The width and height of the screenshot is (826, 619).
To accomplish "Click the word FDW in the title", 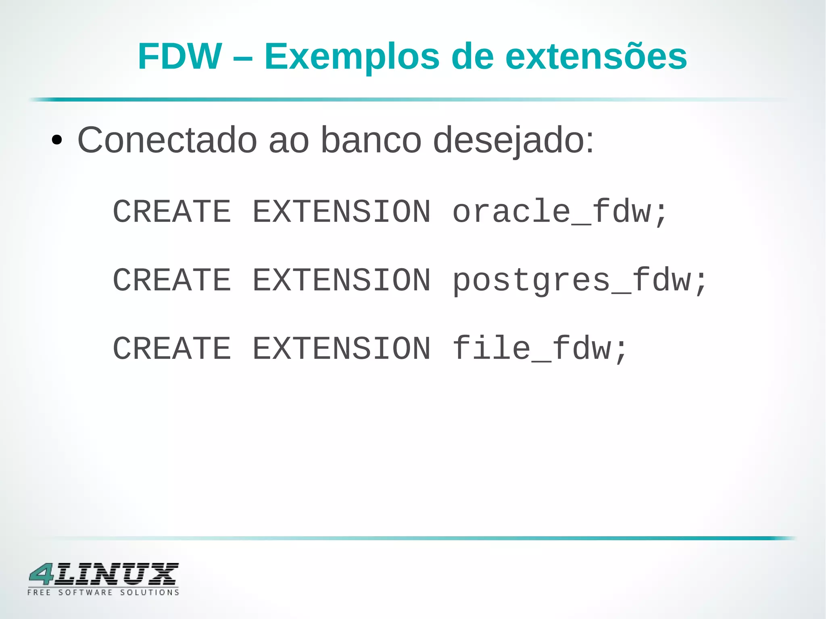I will click(179, 56).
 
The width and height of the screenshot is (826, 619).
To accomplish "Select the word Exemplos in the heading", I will click(352, 57).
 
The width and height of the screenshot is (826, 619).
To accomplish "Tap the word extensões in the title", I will click(596, 57).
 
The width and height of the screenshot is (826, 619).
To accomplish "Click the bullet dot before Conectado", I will click(57, 141).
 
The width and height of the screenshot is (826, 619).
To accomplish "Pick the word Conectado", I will click(167, 140).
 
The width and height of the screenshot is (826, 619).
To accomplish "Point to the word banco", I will click(371, 140).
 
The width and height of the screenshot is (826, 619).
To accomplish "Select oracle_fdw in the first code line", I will click(552, 211).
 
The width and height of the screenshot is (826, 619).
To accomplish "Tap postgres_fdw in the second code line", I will click(572, 281).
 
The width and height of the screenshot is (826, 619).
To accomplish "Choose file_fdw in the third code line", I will click(532, 348).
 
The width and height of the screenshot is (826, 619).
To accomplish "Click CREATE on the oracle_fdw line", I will click(172, 211).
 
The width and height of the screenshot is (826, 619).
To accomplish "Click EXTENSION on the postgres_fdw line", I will click(342, 280).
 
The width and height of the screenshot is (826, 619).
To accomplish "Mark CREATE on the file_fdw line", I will click(172, 348).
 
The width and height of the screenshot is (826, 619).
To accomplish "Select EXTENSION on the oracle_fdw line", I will click(342, 211).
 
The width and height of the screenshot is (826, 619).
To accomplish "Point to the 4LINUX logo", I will click(104, 574).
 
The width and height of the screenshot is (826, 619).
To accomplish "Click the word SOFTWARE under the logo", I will click(86, 592).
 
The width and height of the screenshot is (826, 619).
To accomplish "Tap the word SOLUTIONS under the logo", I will click(150, 592).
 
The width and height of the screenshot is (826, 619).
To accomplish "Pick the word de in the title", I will click(472, 56).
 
